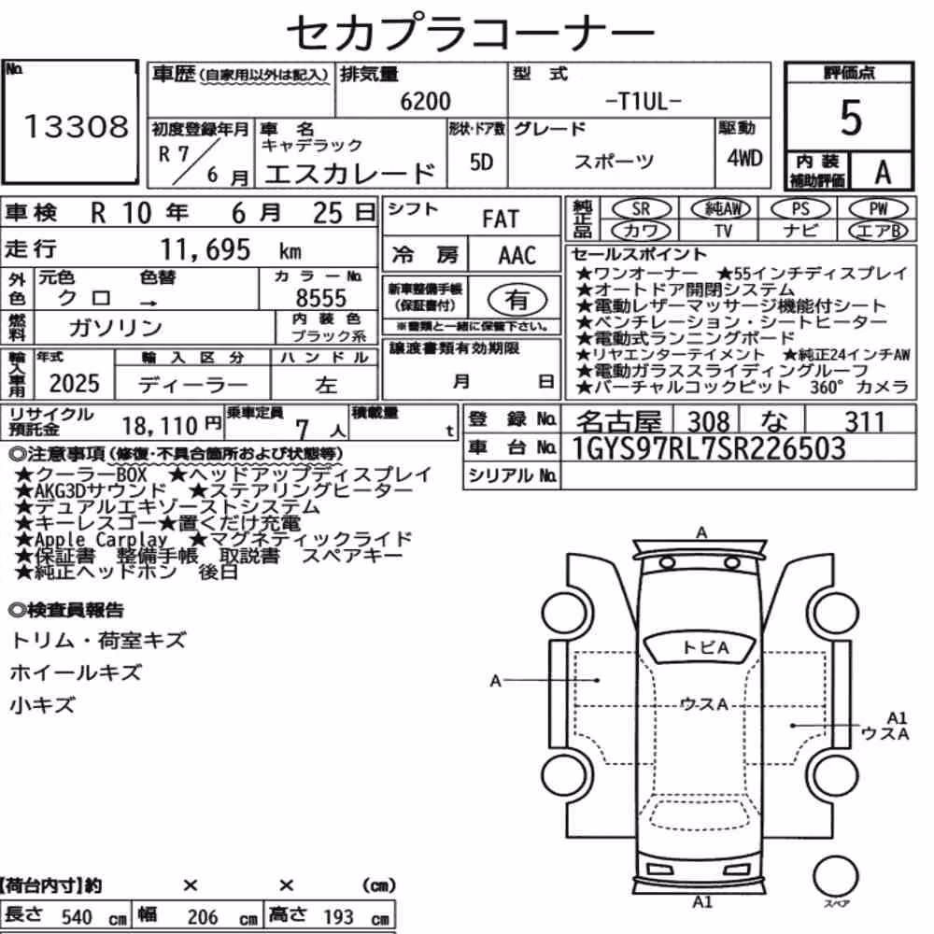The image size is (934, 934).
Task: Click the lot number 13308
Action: coord(76,127)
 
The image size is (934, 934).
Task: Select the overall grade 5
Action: coord(851,118)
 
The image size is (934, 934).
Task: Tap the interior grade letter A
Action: coord(883,173)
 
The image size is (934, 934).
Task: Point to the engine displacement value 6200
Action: coord(425,101)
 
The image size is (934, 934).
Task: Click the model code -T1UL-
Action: coord(643,102)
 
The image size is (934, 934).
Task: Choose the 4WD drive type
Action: coord(744,159)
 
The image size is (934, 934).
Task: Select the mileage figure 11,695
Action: coord(205,249)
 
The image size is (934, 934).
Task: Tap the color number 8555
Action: coord(321,298)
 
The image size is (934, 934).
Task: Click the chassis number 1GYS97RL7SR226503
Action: coord(708,448)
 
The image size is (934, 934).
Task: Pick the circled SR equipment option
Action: coord(642,209)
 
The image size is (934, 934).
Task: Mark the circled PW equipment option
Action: coord(878,209)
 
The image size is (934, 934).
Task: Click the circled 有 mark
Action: coord(517,300)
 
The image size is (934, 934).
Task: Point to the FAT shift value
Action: coord(501,219)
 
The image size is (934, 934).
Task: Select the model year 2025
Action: coord(75,384)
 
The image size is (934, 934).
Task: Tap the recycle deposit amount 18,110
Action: coord(160,426)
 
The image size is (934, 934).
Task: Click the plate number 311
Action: coord(864,422)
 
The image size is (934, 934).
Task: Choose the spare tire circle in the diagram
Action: coord(836,877)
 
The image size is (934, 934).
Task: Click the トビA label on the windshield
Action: coord(705,647)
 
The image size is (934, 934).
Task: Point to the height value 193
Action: coord(338,916)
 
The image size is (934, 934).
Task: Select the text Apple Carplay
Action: coord(101,540)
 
